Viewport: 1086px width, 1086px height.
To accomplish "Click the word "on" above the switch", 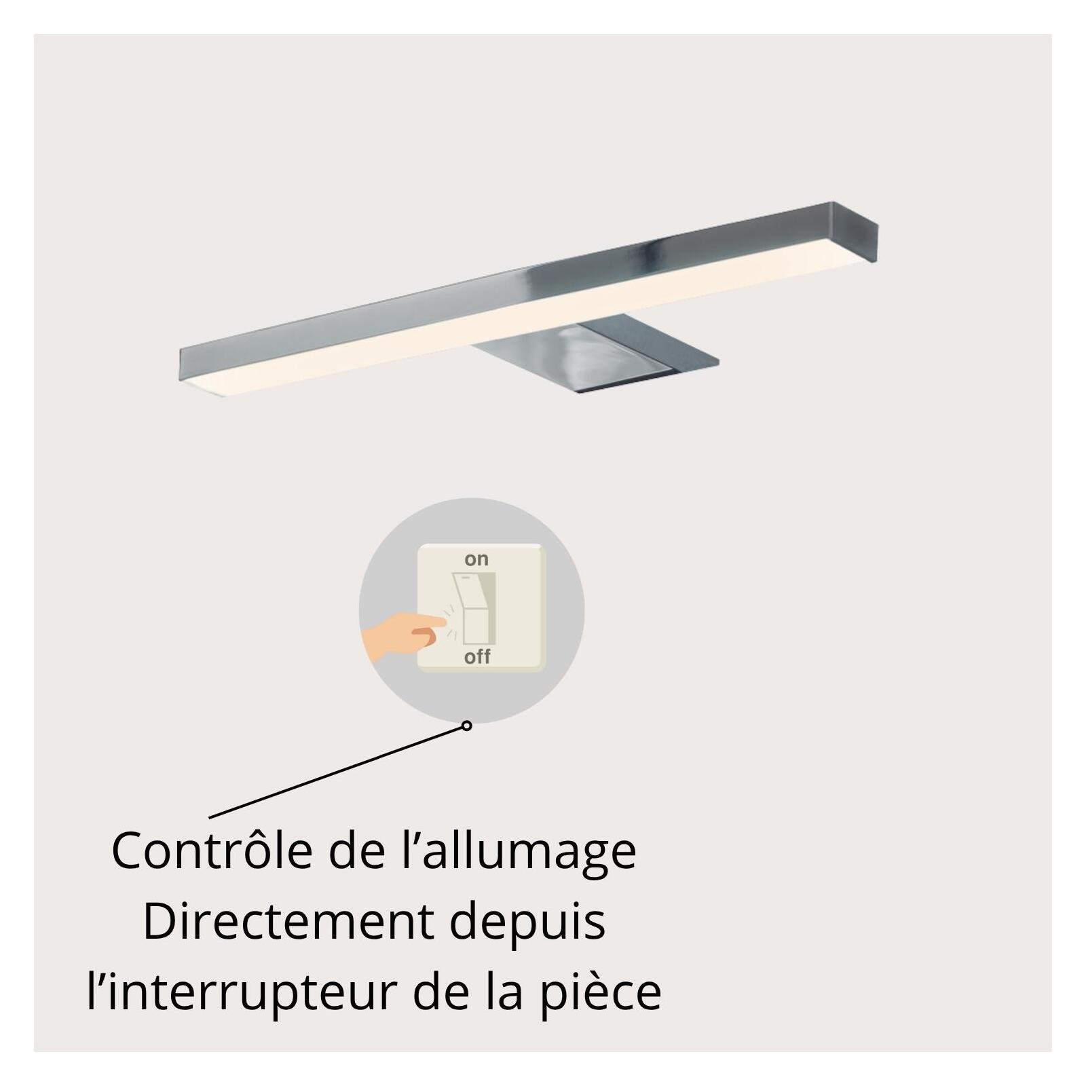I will pyautogui.click(x=476, y=559).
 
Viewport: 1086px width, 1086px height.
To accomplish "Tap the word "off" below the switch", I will pyautogui.click(x=477, y=656).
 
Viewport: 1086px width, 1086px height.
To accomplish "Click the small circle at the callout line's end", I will pyautogui.click(x=466, y=726).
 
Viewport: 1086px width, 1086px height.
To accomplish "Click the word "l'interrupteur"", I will pyautogui.click(x=242, y=992).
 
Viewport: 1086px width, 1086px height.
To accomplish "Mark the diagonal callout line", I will pyautogui.click(x=337, y=772).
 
